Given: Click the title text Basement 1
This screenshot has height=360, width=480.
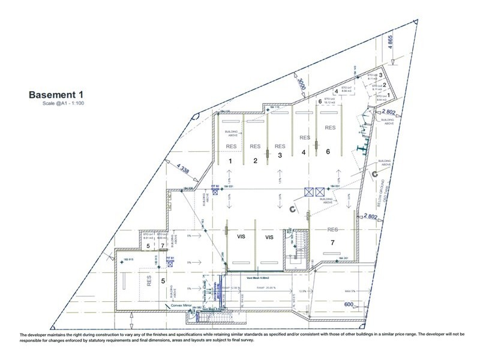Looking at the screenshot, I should pos(54,94).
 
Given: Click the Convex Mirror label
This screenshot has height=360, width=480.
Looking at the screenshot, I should pos(178,304).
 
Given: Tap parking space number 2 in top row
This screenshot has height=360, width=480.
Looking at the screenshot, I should pos(255,161).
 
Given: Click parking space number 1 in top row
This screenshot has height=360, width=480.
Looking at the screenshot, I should pos(230,160).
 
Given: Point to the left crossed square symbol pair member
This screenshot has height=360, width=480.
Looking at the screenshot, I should pos(309,193).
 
